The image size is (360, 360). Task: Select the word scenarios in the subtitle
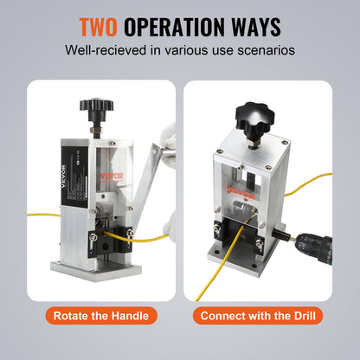(263, 49)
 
